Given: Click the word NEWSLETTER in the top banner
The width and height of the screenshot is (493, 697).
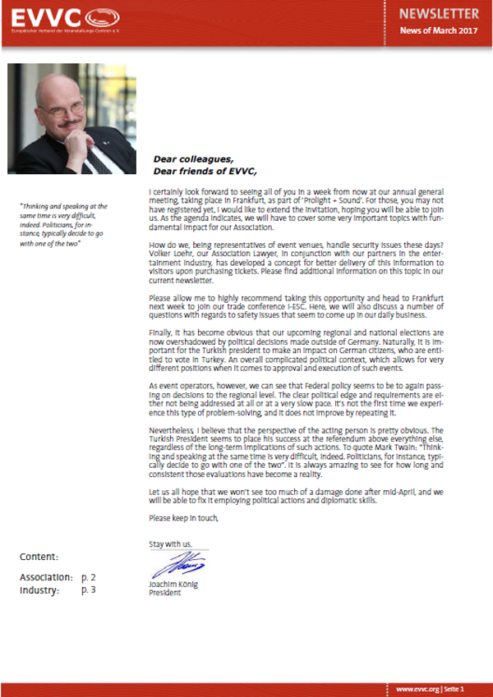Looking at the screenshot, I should click(439, 14).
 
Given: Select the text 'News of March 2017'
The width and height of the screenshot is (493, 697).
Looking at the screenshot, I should click(439, 30).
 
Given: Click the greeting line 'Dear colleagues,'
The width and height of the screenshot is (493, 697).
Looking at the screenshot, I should click(193, 159).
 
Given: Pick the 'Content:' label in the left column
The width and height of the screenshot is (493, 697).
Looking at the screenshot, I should click(39, 557).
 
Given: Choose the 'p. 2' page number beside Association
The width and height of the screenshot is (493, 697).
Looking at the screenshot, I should click(89, 577).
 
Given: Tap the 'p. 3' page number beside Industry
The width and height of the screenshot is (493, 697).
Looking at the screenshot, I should click(89, 589).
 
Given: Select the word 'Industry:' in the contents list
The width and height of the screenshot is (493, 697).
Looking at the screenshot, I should click(40, 589).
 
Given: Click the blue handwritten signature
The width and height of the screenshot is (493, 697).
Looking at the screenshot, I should click(168, 566).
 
